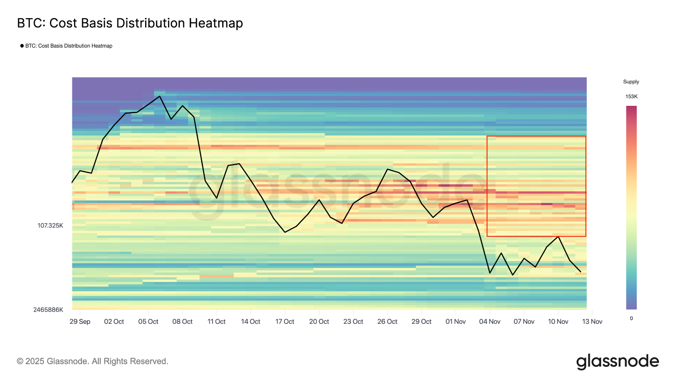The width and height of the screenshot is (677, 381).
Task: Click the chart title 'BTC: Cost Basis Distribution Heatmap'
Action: coord(130,23)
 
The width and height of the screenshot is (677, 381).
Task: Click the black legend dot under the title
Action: coord(22,46)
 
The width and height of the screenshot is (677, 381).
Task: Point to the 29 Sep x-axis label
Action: coord(80,322)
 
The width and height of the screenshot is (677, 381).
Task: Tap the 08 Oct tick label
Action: coord(182,322)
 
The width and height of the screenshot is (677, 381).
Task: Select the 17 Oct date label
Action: coord(285,322)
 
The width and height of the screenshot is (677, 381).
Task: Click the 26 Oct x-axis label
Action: coord(387,322)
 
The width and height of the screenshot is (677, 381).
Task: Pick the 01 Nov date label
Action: coord(455,322)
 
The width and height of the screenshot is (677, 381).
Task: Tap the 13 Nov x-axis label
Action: coord(592,322)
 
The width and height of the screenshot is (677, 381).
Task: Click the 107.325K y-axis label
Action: coord(50,226)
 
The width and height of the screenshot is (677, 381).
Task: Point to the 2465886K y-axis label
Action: coord(48,310)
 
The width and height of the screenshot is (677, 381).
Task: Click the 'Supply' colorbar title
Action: coord(631,82)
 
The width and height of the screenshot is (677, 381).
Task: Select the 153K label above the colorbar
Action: coord(631,97)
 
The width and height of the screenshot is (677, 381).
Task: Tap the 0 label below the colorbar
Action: coord(631,318)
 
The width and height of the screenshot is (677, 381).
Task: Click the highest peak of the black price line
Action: coord(160,97)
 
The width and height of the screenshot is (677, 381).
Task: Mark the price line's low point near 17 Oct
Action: coord(285,232)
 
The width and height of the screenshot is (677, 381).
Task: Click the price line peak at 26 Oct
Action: coord(387,169)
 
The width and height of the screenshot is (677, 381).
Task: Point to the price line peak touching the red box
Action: coord(559,237)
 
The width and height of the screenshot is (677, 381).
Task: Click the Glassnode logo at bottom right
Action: coord(617,362)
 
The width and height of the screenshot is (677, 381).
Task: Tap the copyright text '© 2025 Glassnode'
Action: coord(92,362)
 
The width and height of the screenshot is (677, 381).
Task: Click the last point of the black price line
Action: coord(581,272)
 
